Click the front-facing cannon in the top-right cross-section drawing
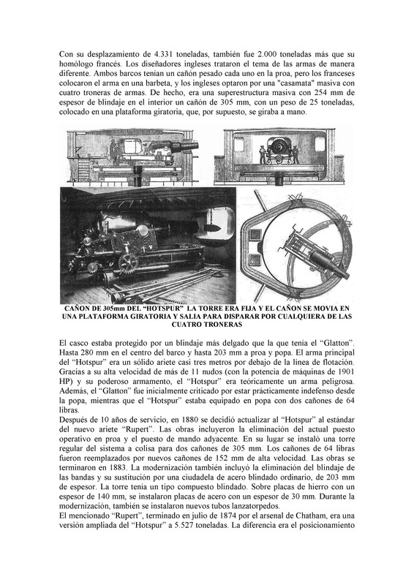point(277,151)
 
